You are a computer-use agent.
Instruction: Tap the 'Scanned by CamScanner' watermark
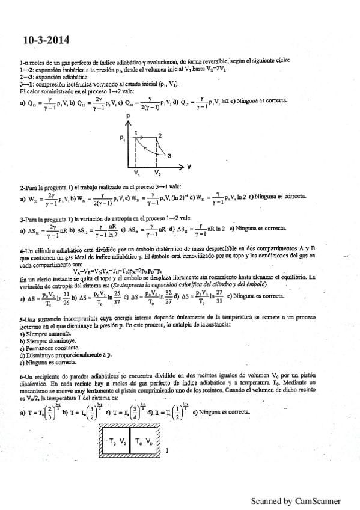pos(296,500)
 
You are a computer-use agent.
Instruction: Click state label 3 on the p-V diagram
pos(170,155)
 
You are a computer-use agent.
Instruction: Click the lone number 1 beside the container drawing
pos(166,450)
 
